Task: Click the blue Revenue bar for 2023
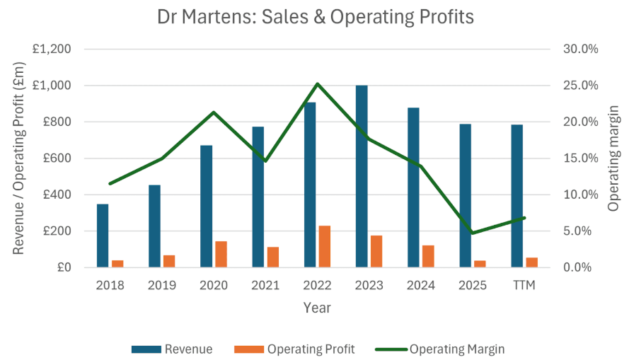tap(362, 176)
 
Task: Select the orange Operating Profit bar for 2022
tap(324, 246)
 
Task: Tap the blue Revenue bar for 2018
tap(103, 236)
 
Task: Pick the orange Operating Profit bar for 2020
tap(221, 254)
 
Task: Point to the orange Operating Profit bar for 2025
tap(480, 264)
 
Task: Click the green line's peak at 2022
tap(318, 84)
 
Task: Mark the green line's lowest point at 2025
tap(473, 233)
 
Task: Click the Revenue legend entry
tap(171, 349)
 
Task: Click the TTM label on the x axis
tap(524, 286)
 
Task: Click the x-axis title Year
tap(317, 308)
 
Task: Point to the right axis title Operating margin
tap(613, 158)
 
